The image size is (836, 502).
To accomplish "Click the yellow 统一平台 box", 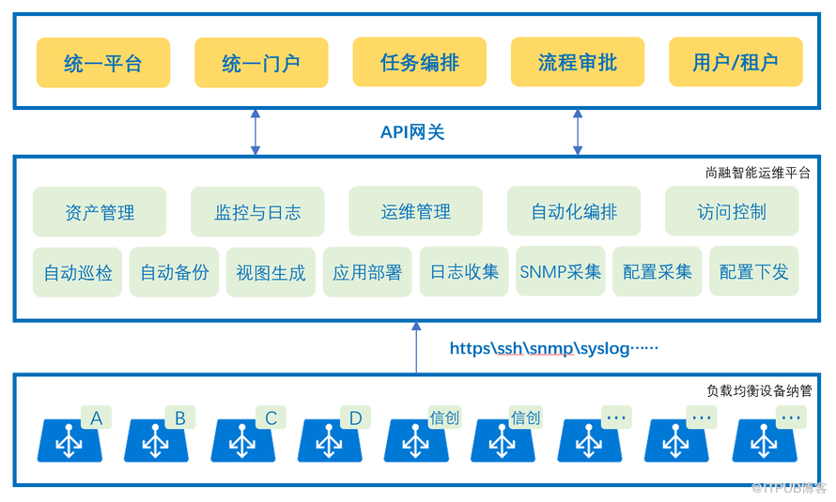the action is point(103,63).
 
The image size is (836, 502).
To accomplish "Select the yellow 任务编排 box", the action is point(420,62).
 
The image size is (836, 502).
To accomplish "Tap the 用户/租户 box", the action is point(735,62).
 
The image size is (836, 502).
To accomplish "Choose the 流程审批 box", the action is point(578,62).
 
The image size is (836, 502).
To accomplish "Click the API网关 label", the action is point(412,132).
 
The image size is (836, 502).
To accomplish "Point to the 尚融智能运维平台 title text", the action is point(758,173).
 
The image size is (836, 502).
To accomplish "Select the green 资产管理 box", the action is point(100,211).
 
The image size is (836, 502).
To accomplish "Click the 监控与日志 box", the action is point(257,211).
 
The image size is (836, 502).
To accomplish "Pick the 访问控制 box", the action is point(732,211).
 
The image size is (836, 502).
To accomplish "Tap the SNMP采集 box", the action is point(561,271).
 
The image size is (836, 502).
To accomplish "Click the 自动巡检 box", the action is point(77,272).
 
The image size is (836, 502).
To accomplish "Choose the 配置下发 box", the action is point(754,271).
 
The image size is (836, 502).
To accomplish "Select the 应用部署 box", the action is point(367,271).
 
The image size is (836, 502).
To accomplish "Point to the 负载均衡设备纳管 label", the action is point(759,390).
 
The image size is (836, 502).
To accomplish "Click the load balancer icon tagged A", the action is point(70,440).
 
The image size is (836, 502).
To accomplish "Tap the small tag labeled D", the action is point(355,418).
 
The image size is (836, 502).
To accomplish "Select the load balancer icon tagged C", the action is point(243,440).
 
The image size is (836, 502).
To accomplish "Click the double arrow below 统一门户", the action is point(255,132).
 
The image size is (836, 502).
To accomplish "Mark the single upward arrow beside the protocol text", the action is point(416,347).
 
